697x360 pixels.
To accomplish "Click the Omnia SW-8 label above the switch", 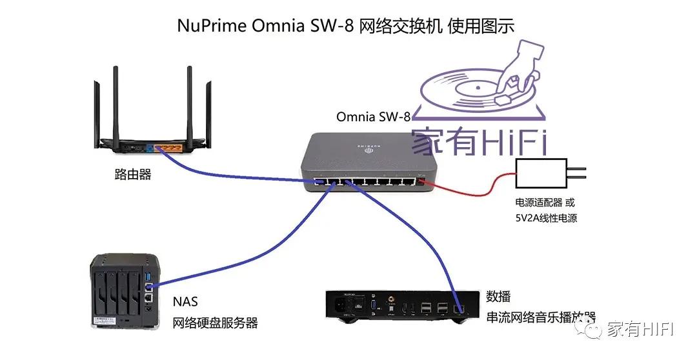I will coord(373,117).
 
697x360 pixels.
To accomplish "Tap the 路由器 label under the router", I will coord(132,175).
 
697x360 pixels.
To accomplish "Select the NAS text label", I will coord(185,302).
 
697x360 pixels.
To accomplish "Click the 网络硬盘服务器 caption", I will coord(215,323).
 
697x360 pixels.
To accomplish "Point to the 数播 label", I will coord(498,297).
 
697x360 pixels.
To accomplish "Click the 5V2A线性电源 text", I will coord(545,218).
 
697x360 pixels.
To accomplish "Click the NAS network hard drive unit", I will coord(123,290).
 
